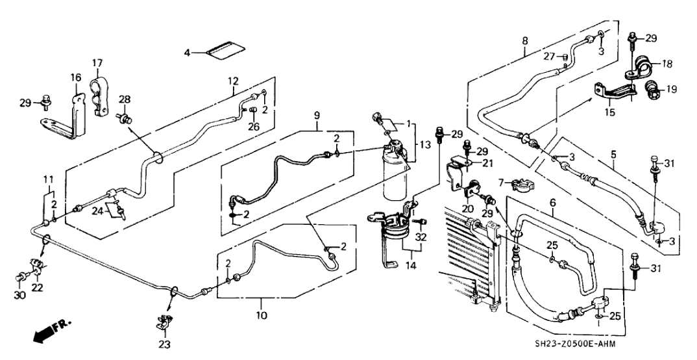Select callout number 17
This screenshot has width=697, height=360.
pos(97,63)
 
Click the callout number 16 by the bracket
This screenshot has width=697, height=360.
pos(75,77)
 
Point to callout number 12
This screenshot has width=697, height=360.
pos(233,81)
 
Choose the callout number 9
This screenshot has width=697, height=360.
pos(317,116)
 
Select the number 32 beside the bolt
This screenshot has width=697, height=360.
pos(422,237)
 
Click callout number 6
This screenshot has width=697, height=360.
pos(552,203)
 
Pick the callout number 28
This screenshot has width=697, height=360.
pos(124,99)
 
